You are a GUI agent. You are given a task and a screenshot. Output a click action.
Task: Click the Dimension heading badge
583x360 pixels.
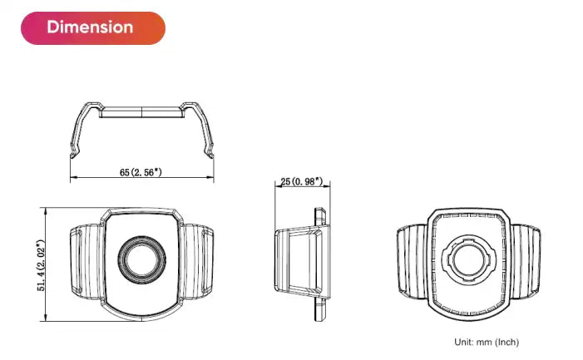pos(90,27)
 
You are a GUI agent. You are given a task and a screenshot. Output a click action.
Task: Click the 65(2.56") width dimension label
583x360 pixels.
pos(141,172)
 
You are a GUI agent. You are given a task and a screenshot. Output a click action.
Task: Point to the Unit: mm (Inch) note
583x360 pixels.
pos(486,342)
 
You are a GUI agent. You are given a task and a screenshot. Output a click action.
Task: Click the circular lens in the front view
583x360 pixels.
pos(141,258)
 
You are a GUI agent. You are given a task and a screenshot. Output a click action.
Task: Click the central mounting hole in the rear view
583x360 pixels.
pos(467,261)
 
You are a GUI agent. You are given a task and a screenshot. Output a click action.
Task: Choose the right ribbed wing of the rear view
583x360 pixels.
pos(525,261)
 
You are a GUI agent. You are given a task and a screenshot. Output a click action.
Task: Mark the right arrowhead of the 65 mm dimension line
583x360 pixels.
pos(212,177)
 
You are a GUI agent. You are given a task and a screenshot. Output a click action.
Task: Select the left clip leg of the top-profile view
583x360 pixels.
pos(77,133)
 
